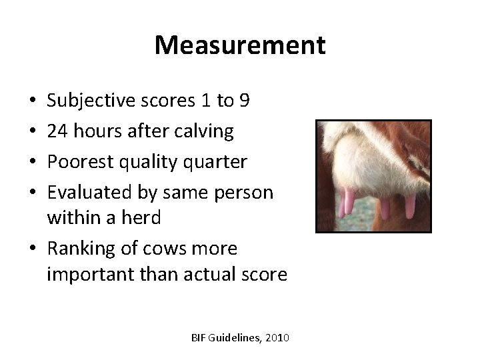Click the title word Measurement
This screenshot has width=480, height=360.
pos(240,46)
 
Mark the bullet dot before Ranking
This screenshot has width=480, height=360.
pos(33,249)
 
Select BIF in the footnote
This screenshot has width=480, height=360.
pos(198,339)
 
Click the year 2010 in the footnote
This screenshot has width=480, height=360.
pos(275,339)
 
